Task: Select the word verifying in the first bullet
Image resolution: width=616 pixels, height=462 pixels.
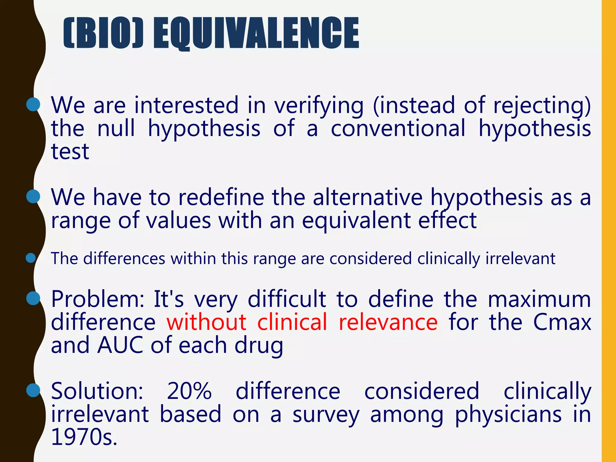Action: point(319,106)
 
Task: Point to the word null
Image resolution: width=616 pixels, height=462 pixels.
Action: point(116,128)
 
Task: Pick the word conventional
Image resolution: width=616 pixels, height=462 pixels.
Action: point(398,128)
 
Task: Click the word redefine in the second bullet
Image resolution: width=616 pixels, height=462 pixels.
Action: point(221,198)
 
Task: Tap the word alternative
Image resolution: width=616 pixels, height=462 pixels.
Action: point(368,198)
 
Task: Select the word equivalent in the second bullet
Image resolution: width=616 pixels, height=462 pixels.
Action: point(356,220)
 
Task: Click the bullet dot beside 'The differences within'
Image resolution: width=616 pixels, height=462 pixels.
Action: point(31,258)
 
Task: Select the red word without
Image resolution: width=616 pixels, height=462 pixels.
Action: point(207,322)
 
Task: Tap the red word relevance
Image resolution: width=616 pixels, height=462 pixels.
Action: point(388,322)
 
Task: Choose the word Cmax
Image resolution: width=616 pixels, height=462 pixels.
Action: point(562,322)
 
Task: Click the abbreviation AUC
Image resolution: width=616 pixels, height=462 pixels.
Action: point(120,345)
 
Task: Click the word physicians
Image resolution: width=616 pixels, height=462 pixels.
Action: point(508,414)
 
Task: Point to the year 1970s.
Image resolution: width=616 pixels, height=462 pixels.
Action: point(84,437)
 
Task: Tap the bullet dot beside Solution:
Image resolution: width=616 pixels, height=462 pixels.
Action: point(33,390)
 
